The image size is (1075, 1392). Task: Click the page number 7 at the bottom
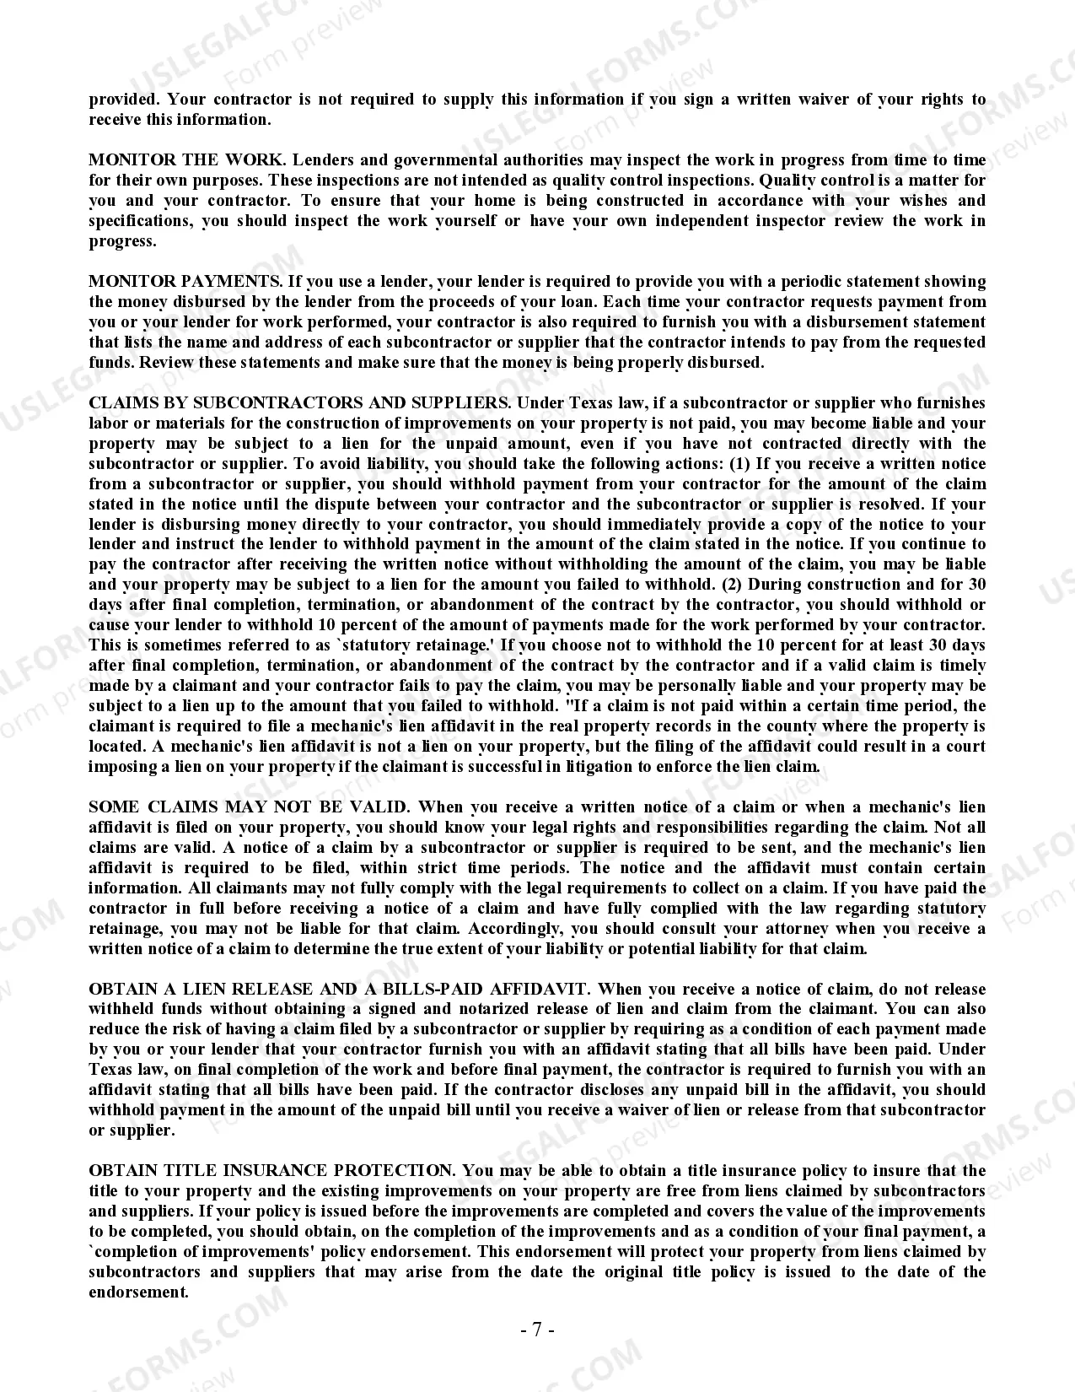pos(537,1330)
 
